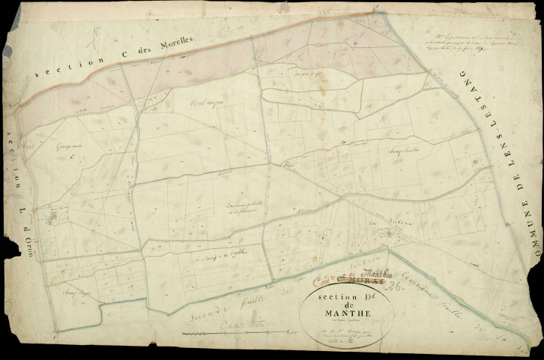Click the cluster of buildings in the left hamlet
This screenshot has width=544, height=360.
pyautogui.click(x=54, y=219)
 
